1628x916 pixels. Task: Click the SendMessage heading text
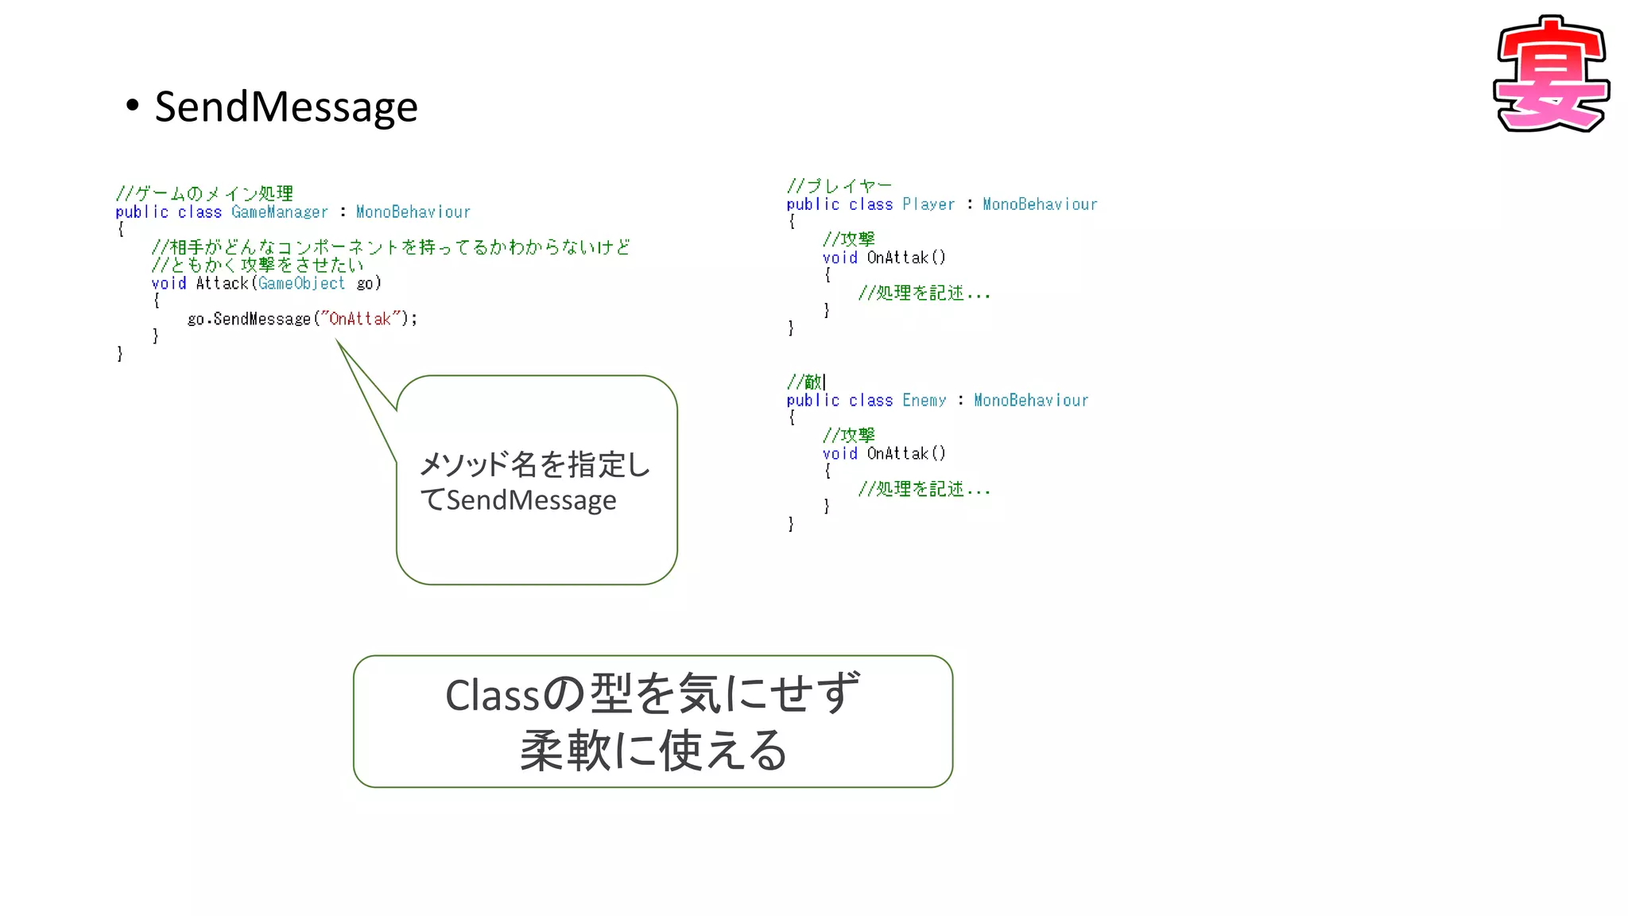(285, 107)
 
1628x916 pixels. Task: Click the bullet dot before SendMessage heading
(133, 106)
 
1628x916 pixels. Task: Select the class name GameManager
(279, 212)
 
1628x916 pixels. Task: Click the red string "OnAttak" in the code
(360, 319)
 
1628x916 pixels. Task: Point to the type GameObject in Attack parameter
(301, 283)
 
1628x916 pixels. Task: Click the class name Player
(928, 204)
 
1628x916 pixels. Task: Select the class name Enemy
(924, 400)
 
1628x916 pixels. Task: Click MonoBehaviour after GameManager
(413, 212)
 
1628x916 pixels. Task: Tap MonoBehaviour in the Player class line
(1039, 204)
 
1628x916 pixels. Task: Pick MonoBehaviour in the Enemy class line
(1030, 400)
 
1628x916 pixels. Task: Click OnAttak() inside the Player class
(905, 258)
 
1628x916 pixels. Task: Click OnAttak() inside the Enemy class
(905, 453)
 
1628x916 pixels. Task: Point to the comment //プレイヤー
(839, 186)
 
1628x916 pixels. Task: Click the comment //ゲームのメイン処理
(204, 193)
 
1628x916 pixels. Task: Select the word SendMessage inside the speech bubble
(531, 500)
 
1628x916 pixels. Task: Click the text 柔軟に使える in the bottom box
(653, 750)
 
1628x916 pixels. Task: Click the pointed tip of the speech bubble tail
(337, 341)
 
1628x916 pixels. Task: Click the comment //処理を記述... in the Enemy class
(924, 489)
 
